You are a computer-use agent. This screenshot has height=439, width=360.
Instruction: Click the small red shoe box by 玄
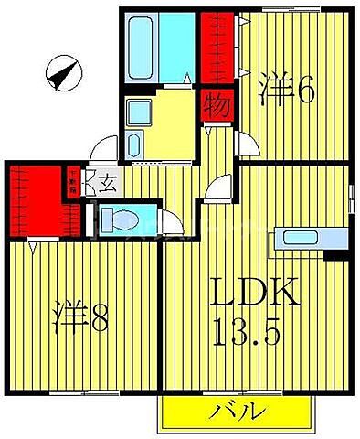[x=72, y=183]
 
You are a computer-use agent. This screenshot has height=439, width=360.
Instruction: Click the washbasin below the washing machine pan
[x=132, y=147]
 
